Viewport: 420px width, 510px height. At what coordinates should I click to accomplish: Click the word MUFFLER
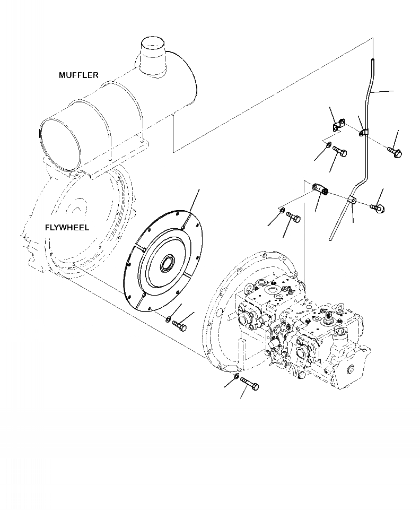pyautogui.click(x=78, y=75)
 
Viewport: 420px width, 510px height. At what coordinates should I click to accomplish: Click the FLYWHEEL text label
pyautogui.click(x=67, y=228)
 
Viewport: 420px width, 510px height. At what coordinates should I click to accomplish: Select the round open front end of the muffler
pyautogui.click(x=61, y=142)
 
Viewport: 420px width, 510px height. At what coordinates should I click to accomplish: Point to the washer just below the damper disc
pyautogui.click(x=168, y=319)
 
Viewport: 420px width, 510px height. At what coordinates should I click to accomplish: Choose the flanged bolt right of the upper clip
pyautogui.click(x=396, y=152)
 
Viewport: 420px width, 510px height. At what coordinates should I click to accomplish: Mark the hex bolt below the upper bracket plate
pyautogui.click(x=340, y=153)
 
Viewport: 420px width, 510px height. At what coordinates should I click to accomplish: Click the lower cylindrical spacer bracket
pyautogui.click(x=320, y=188)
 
